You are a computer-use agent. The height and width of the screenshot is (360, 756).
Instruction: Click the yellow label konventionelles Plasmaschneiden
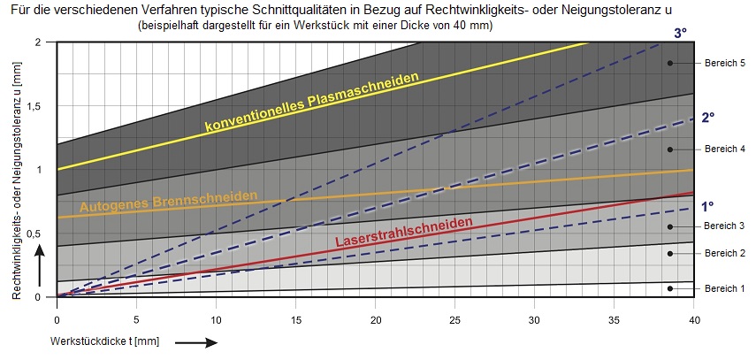311,104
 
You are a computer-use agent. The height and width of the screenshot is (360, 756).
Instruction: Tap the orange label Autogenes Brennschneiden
169,202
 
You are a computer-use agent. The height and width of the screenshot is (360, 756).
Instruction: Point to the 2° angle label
707,118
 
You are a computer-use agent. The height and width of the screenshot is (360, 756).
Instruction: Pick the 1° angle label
707,206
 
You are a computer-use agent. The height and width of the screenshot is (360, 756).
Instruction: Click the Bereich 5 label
724,63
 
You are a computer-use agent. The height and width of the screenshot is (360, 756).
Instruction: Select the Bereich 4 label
724,149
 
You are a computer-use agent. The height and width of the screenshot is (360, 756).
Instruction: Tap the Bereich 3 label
724,226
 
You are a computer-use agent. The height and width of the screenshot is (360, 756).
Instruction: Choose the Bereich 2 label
724,253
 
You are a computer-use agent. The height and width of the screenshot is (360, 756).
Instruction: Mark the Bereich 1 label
724,288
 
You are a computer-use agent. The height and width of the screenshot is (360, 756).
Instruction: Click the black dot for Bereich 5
670,63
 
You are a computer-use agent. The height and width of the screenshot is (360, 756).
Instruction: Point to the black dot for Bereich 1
670,288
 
